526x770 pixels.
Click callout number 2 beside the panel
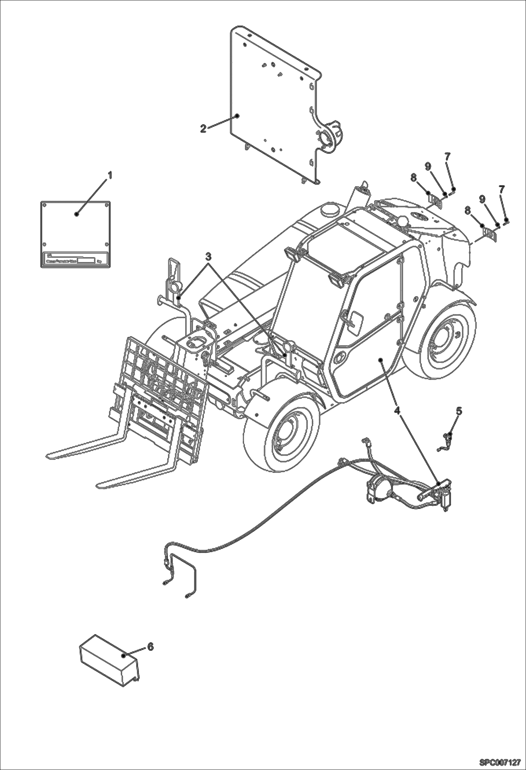click(x=203, y=128)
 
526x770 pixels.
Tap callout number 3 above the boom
click(x=209, y=257)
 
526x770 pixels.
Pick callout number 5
click(x=459, y=411)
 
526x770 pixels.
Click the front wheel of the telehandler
click(x=281, y=435)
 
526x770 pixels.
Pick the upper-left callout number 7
click(x=447, y=157)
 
